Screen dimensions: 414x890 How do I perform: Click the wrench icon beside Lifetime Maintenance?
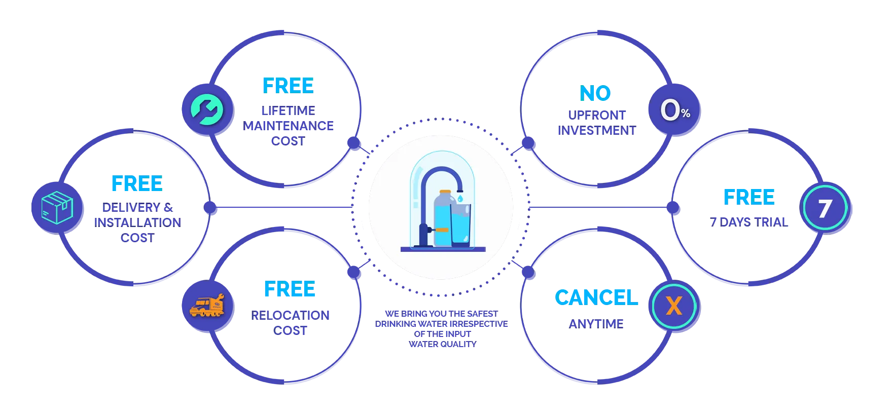point(207,109)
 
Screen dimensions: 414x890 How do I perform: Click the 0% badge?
point(674,111)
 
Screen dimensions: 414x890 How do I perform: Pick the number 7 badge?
point(825,208)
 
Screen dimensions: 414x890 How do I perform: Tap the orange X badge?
point(673,306)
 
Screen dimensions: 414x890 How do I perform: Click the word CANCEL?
point(596,297)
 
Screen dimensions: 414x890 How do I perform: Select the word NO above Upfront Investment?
point(596,93)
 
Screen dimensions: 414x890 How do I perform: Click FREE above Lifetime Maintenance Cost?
point(288,86)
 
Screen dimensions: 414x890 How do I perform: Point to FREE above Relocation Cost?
point(290,289)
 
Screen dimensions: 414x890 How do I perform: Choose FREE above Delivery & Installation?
point(136,184)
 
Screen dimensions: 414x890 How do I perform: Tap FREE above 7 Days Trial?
point(749,197)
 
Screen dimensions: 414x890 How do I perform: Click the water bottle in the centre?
point(441,218)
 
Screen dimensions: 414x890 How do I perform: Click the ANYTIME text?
point(596,323)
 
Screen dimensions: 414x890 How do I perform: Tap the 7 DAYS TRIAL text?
point(750,221)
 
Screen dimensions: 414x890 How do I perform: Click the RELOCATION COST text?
point(290,322)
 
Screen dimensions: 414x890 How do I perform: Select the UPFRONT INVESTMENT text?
point(596,123)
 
